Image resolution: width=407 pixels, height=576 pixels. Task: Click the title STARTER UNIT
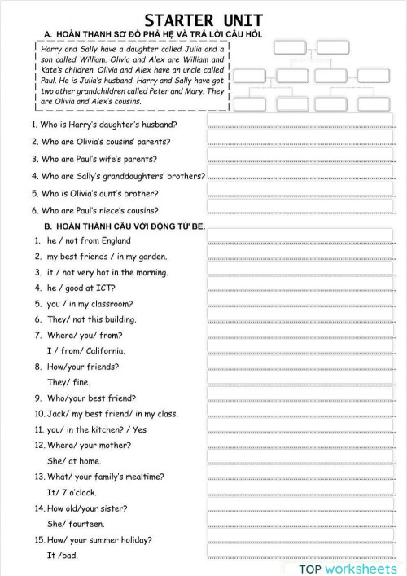point(203,20)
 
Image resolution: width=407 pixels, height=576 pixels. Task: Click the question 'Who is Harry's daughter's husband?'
point(104,125)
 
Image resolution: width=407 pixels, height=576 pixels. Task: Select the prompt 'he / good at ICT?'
point(81,288)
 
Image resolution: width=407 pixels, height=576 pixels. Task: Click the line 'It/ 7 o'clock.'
point(72,493)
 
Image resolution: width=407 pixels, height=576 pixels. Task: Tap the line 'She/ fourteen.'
point(76,524)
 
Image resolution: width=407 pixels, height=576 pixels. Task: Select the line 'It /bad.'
point(63,556)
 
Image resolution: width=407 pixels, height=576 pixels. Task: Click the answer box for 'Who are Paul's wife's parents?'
point(300,159)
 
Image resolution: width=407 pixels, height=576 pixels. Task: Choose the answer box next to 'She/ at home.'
point(300,460)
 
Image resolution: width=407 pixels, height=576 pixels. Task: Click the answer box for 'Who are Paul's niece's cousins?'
point(300,210)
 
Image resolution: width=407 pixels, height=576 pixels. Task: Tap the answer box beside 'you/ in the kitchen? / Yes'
point(300,429)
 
